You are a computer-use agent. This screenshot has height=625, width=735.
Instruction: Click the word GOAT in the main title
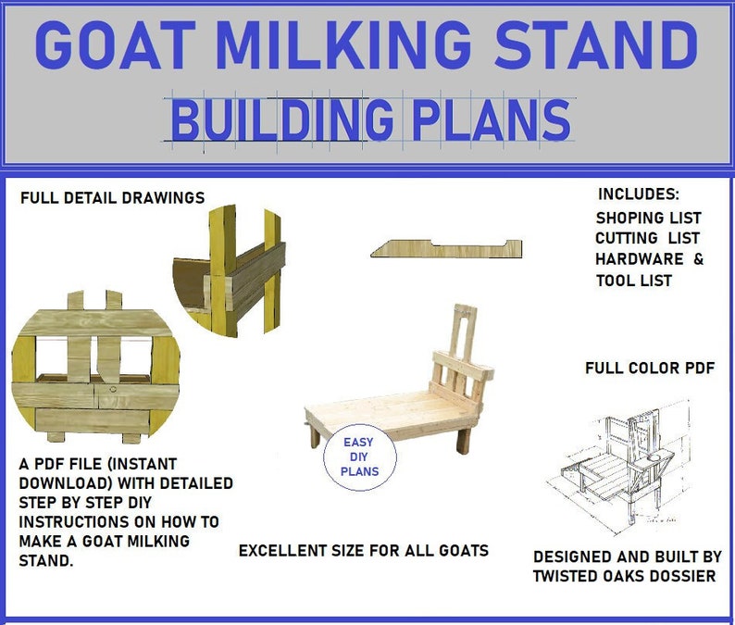click(107, 44)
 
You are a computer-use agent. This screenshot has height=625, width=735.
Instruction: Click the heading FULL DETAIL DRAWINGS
click(112, 197)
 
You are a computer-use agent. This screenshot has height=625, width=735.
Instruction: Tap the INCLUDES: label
click(639, 194)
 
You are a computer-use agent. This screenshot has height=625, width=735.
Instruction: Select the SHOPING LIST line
click(642, 218)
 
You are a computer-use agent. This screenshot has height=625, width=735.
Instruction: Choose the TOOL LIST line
click(634, 281)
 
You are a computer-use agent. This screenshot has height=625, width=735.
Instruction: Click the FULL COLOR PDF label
click(650, 368)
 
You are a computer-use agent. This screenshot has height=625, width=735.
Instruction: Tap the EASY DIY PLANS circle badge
click(359, 456)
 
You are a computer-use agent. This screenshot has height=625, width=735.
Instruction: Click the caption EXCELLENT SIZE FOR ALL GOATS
click(364, 550)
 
